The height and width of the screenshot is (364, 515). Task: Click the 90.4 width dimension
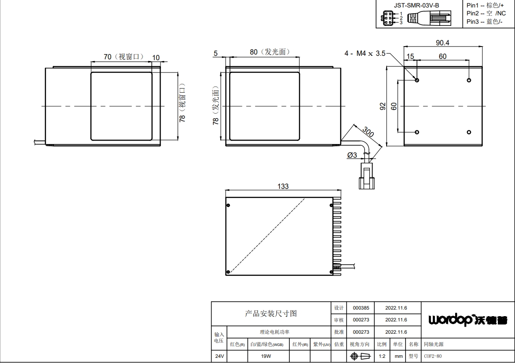click(x=442, y=43)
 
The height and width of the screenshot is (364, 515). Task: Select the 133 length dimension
click(x=283, y=186)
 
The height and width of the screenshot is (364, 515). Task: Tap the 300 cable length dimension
click(x=368, y=132)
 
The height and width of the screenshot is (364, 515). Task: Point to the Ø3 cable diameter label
click(x=352, y=155)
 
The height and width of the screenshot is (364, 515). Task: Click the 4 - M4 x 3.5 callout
click(x=365, y=53)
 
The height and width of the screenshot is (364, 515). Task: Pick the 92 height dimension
click(x=383, y=106)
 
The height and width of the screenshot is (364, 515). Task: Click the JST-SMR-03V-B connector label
click(x=416, y=5)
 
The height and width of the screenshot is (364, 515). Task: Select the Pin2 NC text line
click(x=486, y=13)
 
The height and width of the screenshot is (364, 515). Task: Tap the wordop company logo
click(x=468, y=320)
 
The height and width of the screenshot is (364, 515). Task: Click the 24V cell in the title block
click(x=219, y=356)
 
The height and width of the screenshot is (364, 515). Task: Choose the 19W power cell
click(x=266, y=356)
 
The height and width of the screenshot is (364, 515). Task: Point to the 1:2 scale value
click(x=382, y=356)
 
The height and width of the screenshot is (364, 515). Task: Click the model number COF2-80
click(x=433, y=356)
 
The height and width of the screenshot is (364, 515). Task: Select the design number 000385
click(x=361, y=308)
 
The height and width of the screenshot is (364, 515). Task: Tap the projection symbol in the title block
click(x=360, y=356)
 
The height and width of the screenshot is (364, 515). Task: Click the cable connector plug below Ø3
click(x=366, y=176)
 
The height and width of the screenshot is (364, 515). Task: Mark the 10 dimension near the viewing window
click(x=156, y=58)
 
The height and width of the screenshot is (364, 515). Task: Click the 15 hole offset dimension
click(x=410, y=56)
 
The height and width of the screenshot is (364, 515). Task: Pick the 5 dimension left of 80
click(x=215, y=53)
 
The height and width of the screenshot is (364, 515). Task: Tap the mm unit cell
click(x=398, y=356)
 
